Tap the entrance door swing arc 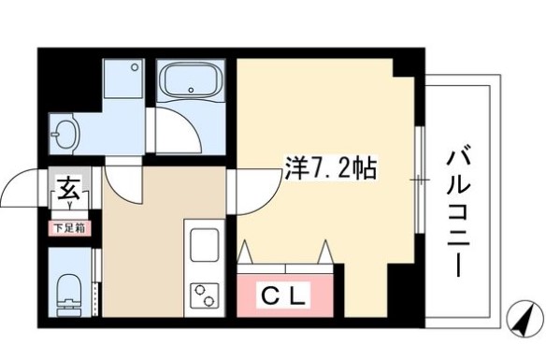point(21,187)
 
